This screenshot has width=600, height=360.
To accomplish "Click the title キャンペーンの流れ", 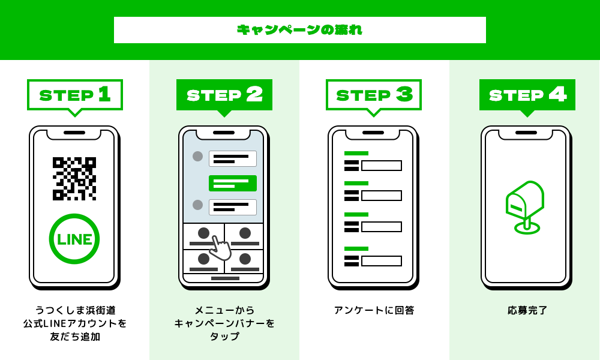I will [x=299, y=30].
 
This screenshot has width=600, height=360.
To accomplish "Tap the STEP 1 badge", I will [x=75, y=95].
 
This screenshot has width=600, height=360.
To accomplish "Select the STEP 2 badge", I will [x=224, y=95].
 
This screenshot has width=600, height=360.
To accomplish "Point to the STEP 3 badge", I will [x=374, y=95].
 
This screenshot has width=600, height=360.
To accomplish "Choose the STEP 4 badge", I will [x=527, y=95].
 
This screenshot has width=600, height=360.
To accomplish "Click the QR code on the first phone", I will [x=74, y=178].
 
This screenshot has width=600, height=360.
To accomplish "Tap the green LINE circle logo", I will [x=74, y=239].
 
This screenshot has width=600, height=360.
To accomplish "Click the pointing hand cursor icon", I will [x=220, y=247].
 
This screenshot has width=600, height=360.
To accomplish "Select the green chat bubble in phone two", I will [x=233, y=183].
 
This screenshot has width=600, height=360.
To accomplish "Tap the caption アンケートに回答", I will [x=374, y=310].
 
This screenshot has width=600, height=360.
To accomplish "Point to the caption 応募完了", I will [x=527, y=310].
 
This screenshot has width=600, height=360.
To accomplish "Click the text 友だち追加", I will [x=75, y=337].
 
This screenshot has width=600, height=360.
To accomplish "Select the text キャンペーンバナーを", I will [x=224, y=323].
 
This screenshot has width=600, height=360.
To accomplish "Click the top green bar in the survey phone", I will [x=356, y=154].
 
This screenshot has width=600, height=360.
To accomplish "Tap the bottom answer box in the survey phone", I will [x=382, y=261].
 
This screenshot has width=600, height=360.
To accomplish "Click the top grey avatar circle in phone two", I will [x=197, y=157].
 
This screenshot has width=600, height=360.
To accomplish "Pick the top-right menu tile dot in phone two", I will [x=245, y=233].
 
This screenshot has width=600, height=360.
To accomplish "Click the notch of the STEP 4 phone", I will [x=526, y=133].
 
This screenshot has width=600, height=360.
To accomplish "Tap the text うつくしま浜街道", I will [x=75, y=310].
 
